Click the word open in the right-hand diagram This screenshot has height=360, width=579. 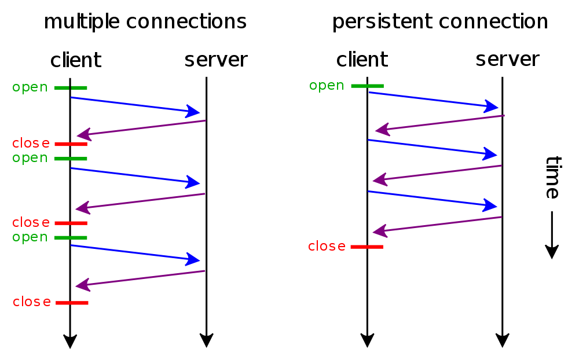[327, 86]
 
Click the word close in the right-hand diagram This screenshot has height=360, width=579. [327, 247]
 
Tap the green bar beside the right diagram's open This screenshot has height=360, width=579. [367, 86]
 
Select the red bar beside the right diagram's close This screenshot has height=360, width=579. [367, 247]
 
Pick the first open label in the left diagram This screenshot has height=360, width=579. [30, 87]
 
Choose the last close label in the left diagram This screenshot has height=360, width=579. [32, 302]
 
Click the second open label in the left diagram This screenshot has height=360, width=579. [30, 158]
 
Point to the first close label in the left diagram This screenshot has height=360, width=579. [31, 144]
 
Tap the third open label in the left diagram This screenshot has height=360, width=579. [30, 237]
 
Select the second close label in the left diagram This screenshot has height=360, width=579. [31, 222]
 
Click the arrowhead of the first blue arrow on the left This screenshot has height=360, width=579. [193, 111]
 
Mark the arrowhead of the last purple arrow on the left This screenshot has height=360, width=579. [83, 285]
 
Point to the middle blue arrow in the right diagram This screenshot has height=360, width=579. [433, 147]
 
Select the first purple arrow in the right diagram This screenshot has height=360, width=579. [440, 123]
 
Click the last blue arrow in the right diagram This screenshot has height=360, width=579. [433, 199]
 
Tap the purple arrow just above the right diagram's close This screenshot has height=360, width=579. [437, 225]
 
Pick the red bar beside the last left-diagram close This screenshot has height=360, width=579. [72, 303]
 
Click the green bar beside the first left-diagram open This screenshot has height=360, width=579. [71, 88]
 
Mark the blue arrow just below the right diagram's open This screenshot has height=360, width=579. [433, 99]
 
